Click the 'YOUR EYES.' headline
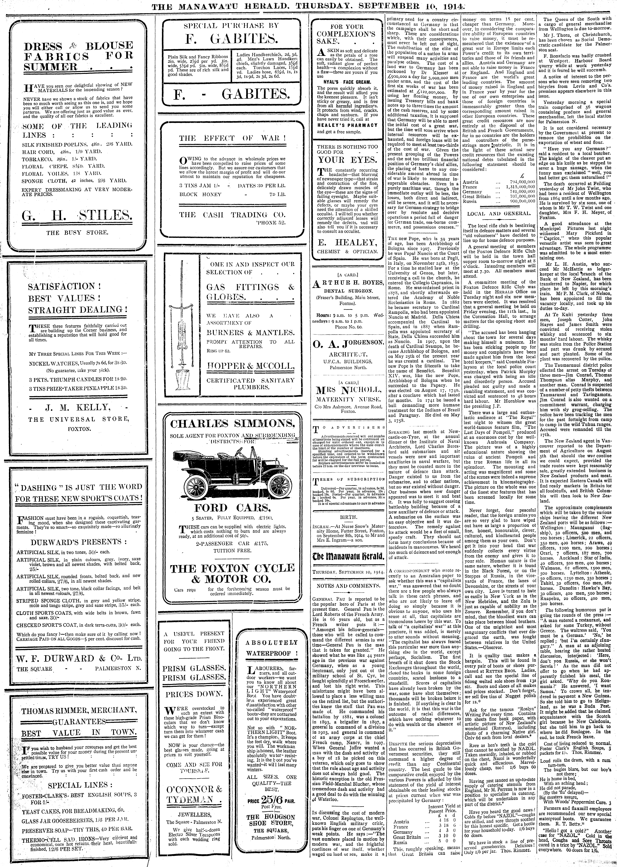[347, 160]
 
